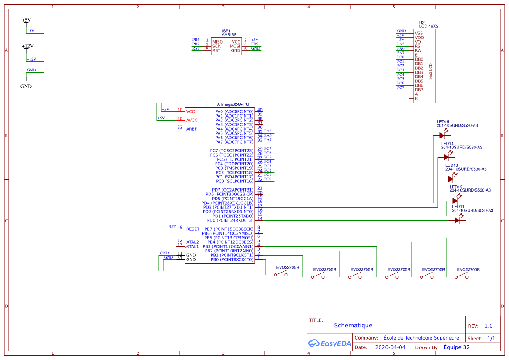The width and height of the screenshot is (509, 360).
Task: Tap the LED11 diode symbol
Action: point(457,220)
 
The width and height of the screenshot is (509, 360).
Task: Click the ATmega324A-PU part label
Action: point(233,104)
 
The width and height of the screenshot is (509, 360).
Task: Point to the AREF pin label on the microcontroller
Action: point(192,129)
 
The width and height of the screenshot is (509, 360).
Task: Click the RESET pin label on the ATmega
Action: point(192,229)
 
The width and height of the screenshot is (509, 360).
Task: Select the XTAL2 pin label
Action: point(192,242)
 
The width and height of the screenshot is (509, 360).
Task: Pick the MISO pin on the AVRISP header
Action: point(218,42)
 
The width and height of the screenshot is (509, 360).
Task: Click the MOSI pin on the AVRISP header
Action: point(235,46)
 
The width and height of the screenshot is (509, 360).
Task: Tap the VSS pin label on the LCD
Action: point(419,33)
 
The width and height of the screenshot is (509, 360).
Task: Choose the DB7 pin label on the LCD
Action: point(419,90)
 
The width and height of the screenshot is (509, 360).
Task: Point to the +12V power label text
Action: point(28,46)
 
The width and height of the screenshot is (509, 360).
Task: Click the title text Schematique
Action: point(353,325)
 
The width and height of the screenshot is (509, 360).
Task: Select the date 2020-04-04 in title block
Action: point(390,347)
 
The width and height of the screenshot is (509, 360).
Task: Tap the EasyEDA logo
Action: point(329,343)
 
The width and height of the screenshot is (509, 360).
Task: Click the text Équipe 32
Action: point(456,347)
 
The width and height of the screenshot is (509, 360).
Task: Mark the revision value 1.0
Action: point(489,326)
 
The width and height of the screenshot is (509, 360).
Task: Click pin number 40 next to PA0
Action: point(260,110)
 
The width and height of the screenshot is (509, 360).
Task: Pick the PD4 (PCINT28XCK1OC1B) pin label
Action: point(227,203)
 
